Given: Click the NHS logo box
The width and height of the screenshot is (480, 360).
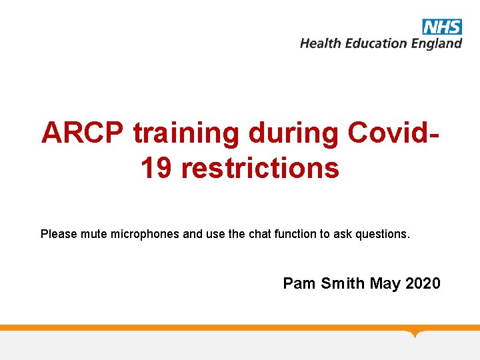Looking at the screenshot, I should tap(441, 27).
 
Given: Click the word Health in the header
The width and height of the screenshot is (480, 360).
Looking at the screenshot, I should tap(319, 43).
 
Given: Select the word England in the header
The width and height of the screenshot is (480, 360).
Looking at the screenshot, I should tap(436, 44).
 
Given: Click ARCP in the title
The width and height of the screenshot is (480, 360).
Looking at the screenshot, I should tap(82, 133).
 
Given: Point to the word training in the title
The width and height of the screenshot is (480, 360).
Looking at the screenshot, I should tap(185, 134).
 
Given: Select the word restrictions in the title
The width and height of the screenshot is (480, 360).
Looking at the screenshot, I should tap(260, 168).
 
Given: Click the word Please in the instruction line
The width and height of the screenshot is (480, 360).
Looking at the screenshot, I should tap(59, 234).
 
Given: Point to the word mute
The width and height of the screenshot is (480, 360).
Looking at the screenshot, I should tap(94, 234).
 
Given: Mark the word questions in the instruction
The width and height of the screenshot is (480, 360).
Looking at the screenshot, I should tap(383, 235).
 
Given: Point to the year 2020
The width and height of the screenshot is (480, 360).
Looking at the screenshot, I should tap(423, 283).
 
